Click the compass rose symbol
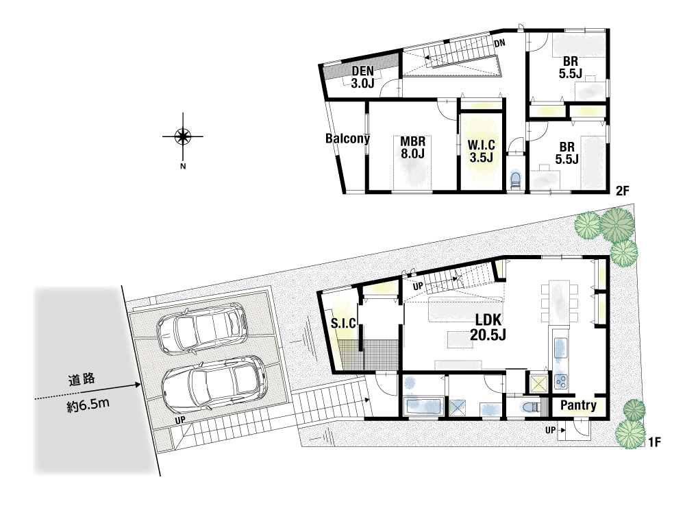click(183, 136)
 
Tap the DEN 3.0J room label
click(362, 77)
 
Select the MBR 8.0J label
click(412, 147)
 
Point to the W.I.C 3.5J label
click(481, 151)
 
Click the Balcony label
click(347, 139)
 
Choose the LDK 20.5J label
click(488, 327)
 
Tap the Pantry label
click(578, 405)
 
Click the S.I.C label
click(343, 323)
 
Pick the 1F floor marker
click(654, 443)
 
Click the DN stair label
click(500, 43)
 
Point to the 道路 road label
click(82, 380)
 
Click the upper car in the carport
click(202, 328)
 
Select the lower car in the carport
click(214, 385)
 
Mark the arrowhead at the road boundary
click(138, 385)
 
